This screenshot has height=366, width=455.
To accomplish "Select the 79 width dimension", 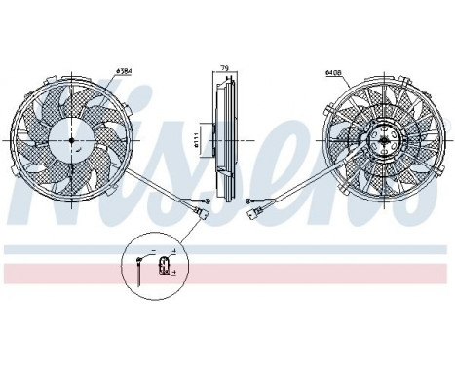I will pyautogui.click(x=224, y=68).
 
